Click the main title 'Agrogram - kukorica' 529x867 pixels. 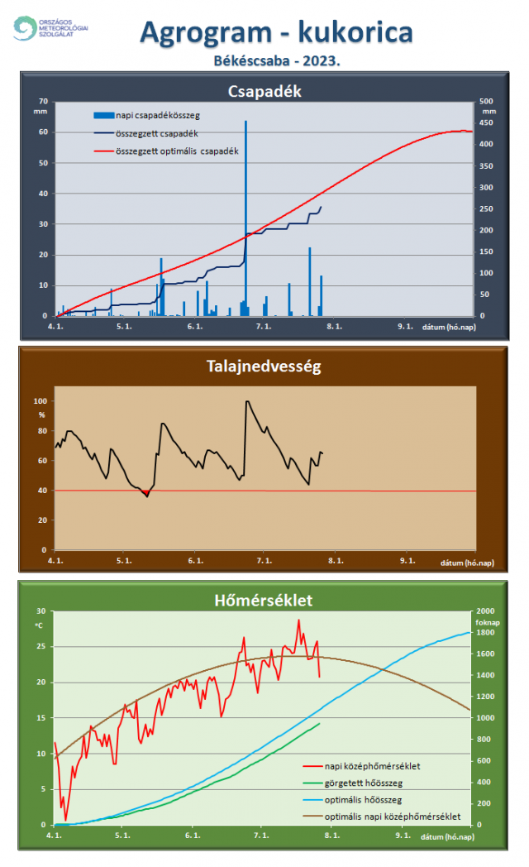pyautogui.click(x=276, y=32)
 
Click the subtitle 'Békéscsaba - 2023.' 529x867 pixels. pyautogui.click(x=277, y=60)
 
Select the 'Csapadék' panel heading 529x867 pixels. pyautogui.click(x=264, y=91)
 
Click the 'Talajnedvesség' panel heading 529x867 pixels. pyautogui.click(x=264, y=366)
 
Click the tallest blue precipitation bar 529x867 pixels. pyautogui.click(x=245, y=215)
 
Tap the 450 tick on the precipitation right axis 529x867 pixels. pyautogui.click(x=488, y=122)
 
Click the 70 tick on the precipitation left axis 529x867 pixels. pyautogui.click(x=43, y=101)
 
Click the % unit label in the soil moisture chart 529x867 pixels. pyautogui.click(x=41, y=413)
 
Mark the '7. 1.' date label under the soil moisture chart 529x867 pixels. pyautogui.click(x=264, y=561)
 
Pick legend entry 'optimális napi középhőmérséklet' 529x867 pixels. pyautogui.click(x=393, y=817)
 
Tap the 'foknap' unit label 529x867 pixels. pyautogui.click(x=484, y=621)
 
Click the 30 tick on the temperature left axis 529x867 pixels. pyautogui.click(x=41, y=611)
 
